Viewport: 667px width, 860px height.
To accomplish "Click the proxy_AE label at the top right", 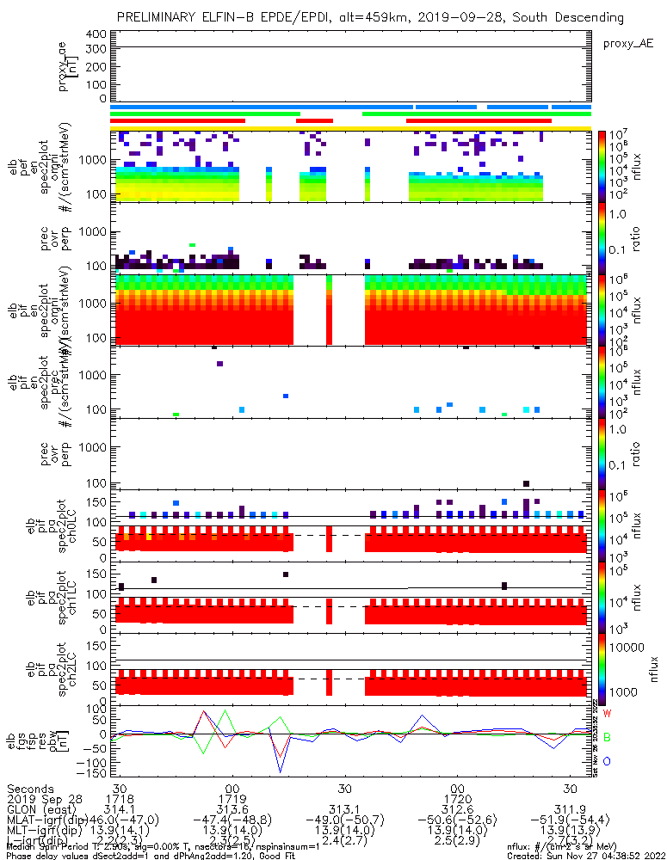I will coord(627,42).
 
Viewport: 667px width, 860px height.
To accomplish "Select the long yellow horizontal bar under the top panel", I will coord(350,127).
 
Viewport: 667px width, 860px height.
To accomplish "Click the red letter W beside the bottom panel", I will coord(607,714).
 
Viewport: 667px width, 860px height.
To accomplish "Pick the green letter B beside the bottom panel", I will coord(607,737).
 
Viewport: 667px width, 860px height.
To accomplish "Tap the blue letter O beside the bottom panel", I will coord(607,761).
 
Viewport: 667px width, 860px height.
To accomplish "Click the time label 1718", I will coord(119,800).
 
